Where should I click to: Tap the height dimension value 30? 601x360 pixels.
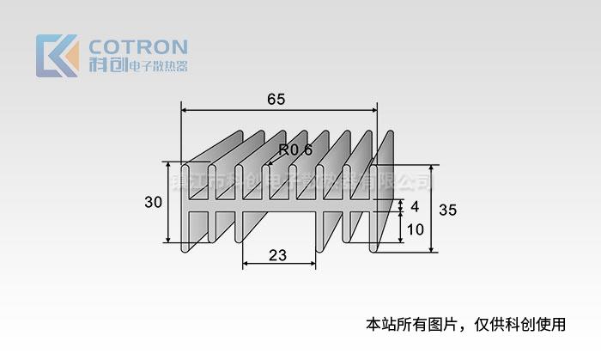click(x=154, y=203)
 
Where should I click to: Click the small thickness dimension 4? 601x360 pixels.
click(x=415, y=207)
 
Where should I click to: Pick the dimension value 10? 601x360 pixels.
click(x=415, y=229)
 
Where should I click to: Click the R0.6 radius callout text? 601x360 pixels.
click(x=295, y=149)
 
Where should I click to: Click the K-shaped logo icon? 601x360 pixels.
click(x=57, y=55)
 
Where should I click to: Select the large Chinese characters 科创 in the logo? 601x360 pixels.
click(x=105, y=65)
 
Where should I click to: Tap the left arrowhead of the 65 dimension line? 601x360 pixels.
click(x=185, y=110)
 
